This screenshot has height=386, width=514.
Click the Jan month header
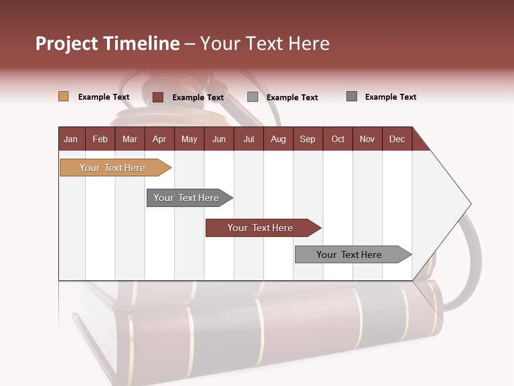[71, 139]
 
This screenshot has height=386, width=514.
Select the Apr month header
[159, 139]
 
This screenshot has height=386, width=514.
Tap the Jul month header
[248, 139]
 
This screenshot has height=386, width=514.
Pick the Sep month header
[307, 139]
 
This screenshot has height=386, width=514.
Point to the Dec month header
[397, 139]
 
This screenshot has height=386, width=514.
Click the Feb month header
[100, 139]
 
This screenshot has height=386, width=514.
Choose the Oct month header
[338, 139]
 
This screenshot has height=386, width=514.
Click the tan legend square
[63, 96]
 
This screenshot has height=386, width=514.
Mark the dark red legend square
[158, 97]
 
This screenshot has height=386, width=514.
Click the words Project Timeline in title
[108, 43]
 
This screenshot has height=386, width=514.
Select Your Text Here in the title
[264, 43]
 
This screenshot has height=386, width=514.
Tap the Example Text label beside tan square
[104, 97]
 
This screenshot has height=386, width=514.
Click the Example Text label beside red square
[198, 98]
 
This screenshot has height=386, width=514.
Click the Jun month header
[219, 139]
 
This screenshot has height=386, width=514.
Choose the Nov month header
[367, 139]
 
